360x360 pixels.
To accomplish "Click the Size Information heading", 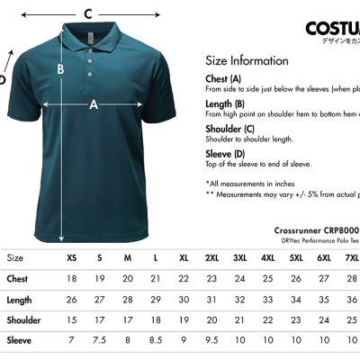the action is point(247,61).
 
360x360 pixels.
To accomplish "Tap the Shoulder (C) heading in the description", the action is point(229,129).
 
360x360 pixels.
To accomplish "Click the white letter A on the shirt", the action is point(93,104).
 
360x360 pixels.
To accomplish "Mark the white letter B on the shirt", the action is point(60,67).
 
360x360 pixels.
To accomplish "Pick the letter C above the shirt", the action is point(87,13).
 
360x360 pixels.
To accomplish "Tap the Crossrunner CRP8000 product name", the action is point(316,229).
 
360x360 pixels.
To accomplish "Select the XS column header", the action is point(72,258).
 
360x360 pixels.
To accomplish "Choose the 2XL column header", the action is point(211,258).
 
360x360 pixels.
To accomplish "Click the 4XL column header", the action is point(268,258).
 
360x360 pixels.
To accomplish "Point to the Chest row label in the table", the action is point(19,279).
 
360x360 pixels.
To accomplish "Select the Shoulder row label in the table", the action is point(24,320).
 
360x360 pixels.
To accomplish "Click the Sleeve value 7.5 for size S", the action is point(100,341).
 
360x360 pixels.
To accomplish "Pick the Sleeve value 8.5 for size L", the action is point(156,341).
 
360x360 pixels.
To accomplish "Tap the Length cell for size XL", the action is point(184,300).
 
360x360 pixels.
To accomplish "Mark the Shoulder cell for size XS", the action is point(72,320).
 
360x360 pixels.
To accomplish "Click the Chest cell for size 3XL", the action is point(240,279).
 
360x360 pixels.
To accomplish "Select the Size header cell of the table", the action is point(15,258).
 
